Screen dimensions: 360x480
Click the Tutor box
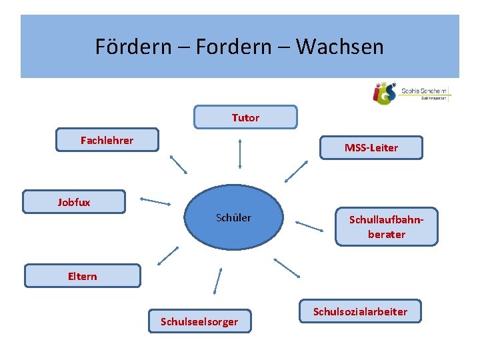(245, 117)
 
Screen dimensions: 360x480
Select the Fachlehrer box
(107, 140)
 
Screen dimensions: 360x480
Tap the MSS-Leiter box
(371, 147)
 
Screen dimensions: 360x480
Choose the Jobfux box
(74, 202)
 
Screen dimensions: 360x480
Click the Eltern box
(83, 275)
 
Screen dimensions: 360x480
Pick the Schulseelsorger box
(199, 321)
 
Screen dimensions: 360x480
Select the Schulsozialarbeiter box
(360, 311)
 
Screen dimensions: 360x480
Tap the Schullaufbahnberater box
(386, 226)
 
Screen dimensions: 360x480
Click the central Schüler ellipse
(233, 218)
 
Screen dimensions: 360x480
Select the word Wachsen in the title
(339, 47)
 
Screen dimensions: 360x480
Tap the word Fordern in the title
(237, 47)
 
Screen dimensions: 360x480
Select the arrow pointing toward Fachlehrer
(179, 164)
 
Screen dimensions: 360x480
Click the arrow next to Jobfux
(155, 201)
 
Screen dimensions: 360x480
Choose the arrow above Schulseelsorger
(217, 279)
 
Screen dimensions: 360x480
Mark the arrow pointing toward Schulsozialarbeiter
(287, 267)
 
